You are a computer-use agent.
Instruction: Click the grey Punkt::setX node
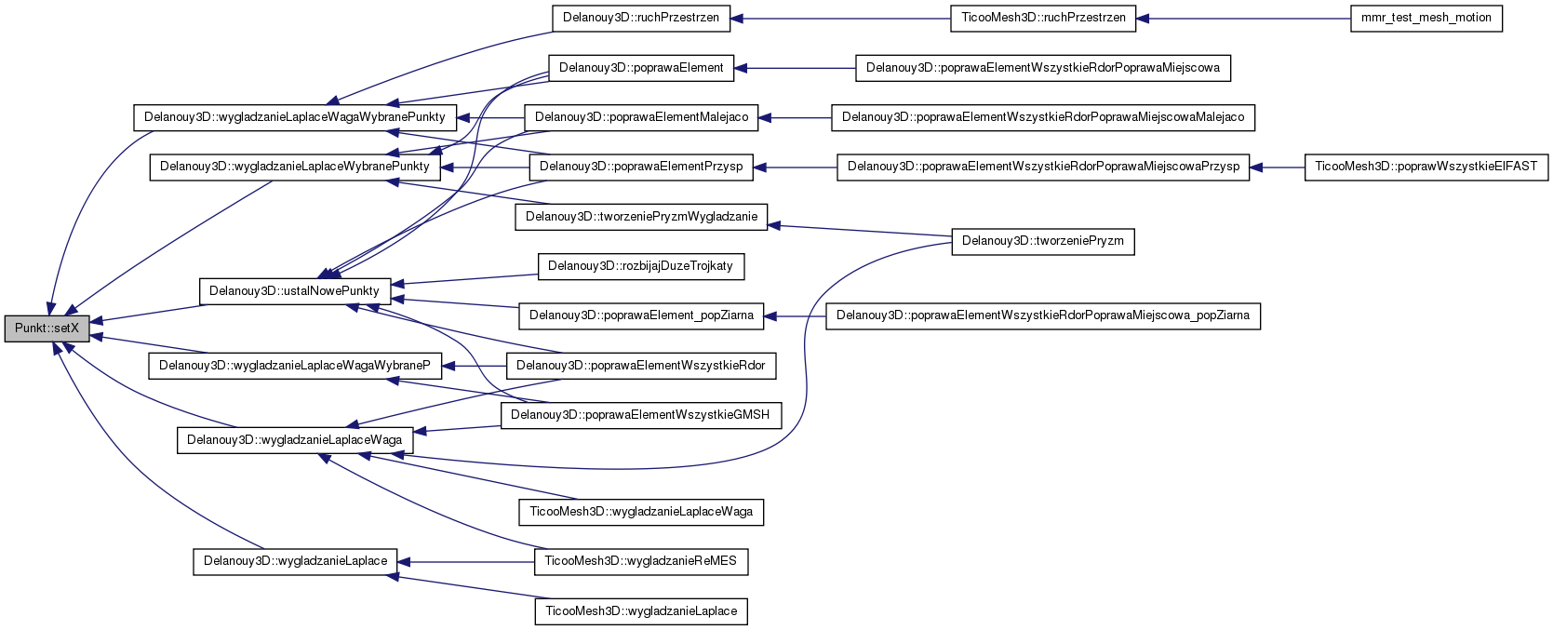tap(47, 328)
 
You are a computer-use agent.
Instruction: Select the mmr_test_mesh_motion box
tap(1426, 18)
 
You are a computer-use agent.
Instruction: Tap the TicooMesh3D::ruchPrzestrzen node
tap(1043, 18)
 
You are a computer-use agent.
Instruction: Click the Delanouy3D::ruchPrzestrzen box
tap(641, 18)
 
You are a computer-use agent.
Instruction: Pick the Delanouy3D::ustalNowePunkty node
tap(295, 291)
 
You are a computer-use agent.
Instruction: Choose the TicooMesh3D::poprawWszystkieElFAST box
tap(1426, 168)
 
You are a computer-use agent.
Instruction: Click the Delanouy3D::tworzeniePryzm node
tap(1043, 241)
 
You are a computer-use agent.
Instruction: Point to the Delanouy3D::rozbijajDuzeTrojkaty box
tap(641, 266)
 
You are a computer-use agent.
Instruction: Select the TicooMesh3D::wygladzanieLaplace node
tap(641, 611)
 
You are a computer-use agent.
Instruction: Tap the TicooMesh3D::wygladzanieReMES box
tap(641, 561)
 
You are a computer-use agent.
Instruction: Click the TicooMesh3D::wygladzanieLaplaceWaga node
tap(641, 512)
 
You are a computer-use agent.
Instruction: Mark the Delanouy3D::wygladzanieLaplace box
tap(295, 561)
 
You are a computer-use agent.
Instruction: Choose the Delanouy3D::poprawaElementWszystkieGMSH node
tap(641, 416)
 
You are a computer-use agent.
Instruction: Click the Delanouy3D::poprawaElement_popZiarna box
tap(641, 316)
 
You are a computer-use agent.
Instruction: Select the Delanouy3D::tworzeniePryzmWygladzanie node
tap(641, 217)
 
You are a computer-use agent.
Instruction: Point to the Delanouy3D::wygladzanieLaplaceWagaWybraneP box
tap(295, 366)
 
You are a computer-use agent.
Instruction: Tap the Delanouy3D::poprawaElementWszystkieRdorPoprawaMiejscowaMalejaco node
tap(1043, 118)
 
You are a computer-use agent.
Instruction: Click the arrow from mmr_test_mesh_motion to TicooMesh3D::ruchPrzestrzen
tap(1243, 19)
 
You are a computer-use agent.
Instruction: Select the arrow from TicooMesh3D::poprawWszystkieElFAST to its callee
tap(1277, 168)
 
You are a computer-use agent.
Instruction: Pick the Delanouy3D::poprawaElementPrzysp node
tap(641, 168)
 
